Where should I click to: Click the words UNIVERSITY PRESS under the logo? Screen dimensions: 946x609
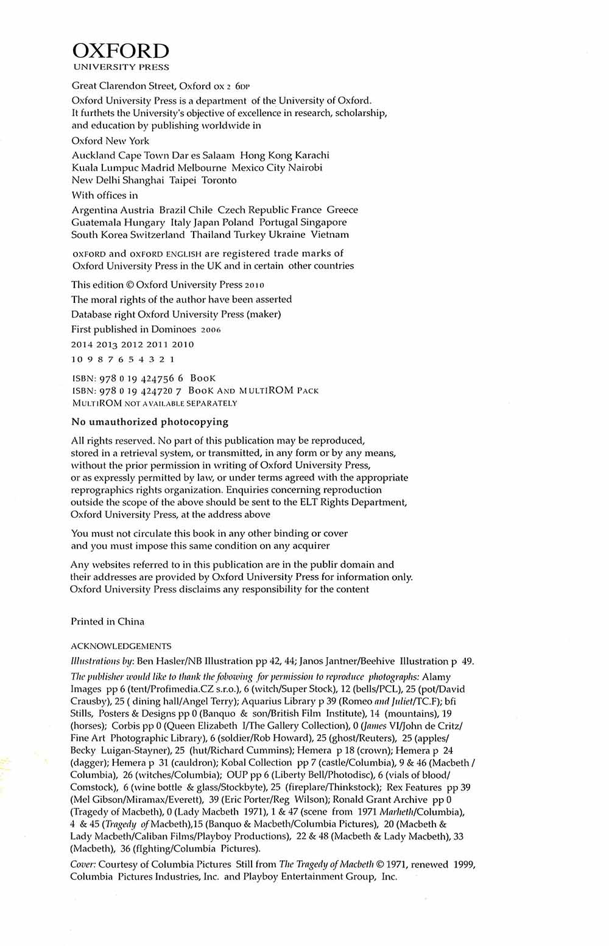[x=121, y=68]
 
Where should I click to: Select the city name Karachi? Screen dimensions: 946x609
[x=312, y=155]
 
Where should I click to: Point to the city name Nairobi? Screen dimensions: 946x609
[x=305, y=167]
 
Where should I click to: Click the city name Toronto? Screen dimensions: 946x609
[x=219, y=180]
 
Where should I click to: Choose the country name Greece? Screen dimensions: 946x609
[x=342, y=210]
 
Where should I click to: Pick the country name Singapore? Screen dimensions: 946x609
[x=323, y=222]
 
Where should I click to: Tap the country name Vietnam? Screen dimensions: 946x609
[x=330, y=234]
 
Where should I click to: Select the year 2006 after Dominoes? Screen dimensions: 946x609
[x=211, y=330]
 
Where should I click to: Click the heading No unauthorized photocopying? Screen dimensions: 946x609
[x=150, y=422]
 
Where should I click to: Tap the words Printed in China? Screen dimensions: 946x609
[x=108, y=621]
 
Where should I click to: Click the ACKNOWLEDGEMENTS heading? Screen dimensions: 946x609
[x=121, y=646]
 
